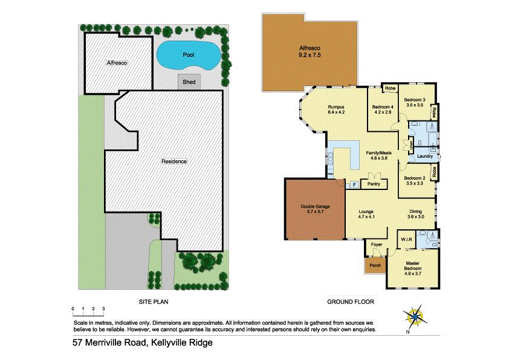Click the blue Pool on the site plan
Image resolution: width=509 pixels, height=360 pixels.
tap(187, 55)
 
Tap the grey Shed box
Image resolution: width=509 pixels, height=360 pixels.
tap(189, 82)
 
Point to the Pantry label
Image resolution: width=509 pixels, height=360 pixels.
tap(374, 183)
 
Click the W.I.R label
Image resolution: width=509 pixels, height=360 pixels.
tap(406, 240)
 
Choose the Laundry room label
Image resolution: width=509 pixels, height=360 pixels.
tap(424, 156)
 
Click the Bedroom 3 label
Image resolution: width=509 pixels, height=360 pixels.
tap(415, 102)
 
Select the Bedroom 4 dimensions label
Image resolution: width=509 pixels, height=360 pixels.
tap(383, 111)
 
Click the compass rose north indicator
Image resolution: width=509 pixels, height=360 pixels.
tap(415, 316)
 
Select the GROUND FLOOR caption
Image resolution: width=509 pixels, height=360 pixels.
tap(351, 301)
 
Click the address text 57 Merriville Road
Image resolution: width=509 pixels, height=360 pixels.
tap(140, 343)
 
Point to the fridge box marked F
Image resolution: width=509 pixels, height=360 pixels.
tap(354, 184)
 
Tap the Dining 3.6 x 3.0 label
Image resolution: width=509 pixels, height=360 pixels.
tap(416, 214)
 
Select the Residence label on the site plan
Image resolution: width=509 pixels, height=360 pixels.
tap(174, 162)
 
